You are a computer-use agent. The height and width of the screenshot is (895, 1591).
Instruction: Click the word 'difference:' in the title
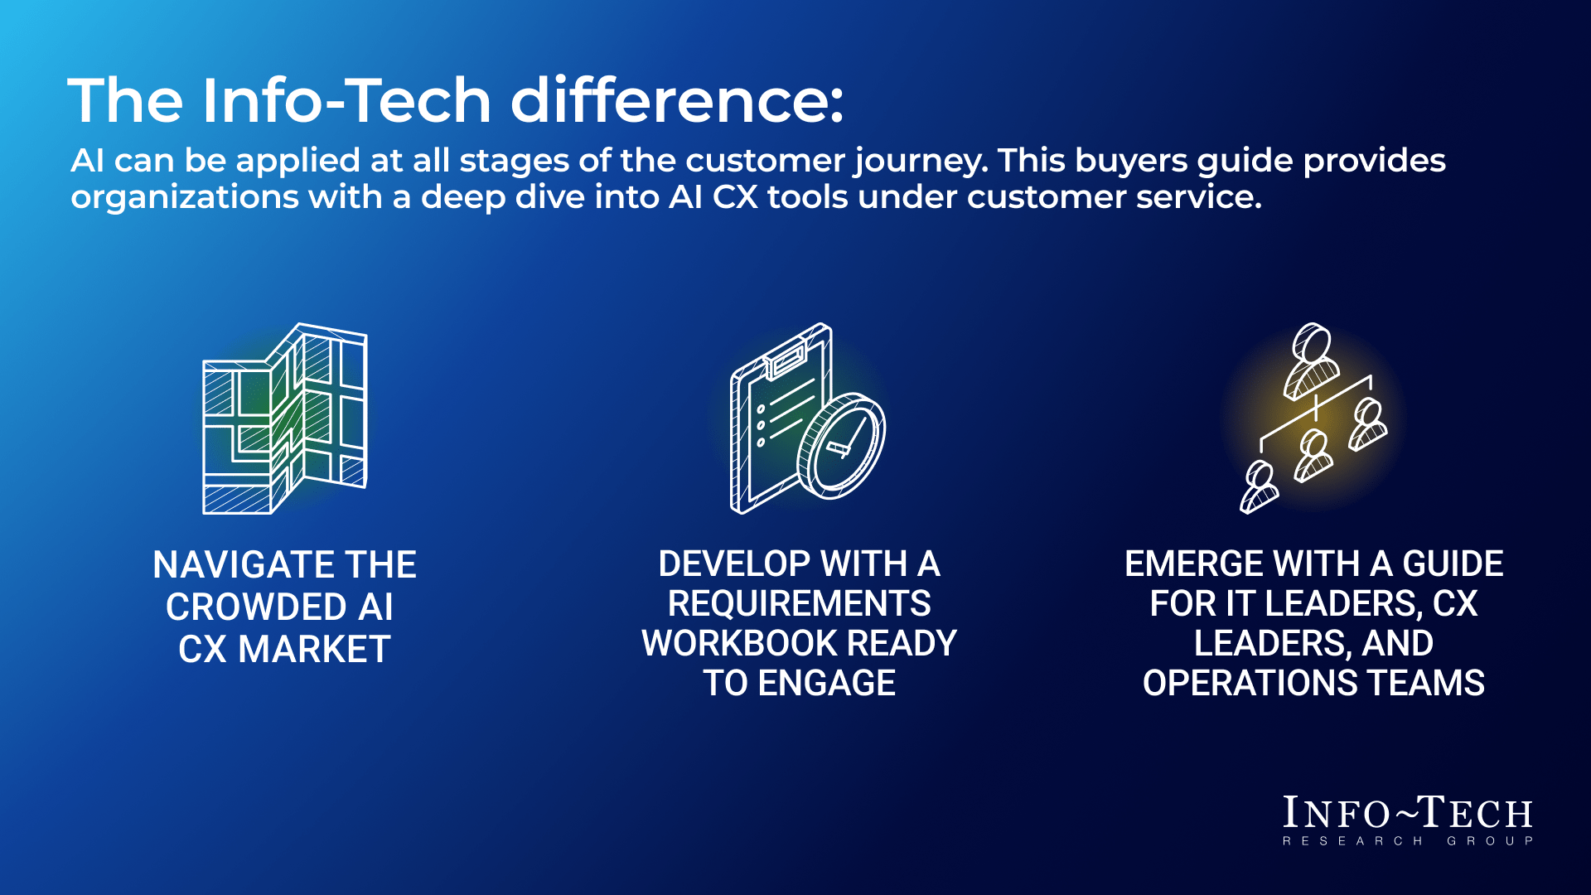click(x=677, y=100)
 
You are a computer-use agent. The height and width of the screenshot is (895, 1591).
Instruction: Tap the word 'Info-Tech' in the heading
click(x=347, y=100)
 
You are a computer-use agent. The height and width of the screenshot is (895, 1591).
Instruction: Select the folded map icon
click(x=285, y=418)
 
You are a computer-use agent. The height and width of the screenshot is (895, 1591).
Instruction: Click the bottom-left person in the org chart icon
click(x=1259, y=487)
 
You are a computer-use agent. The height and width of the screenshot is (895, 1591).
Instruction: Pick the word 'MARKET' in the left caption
click(x=315, y=650)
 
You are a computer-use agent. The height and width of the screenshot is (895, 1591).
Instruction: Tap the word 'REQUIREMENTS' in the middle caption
click(x=800, y=603)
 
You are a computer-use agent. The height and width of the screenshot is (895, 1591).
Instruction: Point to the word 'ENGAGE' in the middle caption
click(x=827, y=683)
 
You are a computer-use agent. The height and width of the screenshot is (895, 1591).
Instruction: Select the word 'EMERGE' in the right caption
click(x=1194, y=564)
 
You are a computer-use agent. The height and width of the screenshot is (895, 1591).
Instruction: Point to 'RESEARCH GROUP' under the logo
click(x=1408, y=841)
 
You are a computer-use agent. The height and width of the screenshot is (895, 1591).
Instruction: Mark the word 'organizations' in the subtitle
click(x=185, y=198)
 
